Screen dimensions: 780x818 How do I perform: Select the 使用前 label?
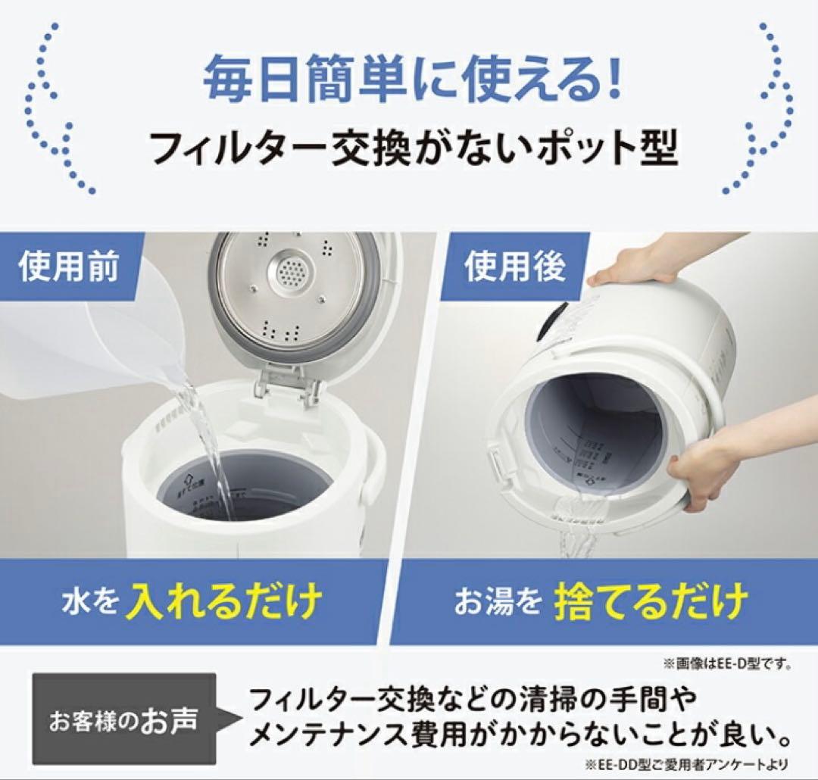pos(69,267)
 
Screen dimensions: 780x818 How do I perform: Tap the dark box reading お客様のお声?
pos(123,719)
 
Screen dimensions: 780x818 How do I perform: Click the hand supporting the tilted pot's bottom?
pos(708,470)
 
